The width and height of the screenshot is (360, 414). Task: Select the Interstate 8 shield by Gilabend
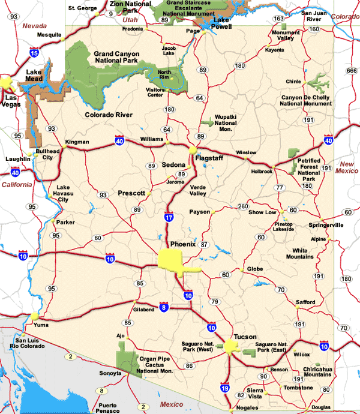pyautogui.click(x=164, y=308)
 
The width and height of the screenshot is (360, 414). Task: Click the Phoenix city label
pyautogui.click(x=183, y=244)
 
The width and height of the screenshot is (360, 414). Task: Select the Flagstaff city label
pyautogui.click(x=211, y=158)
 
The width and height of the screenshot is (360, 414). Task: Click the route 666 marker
pyautogui.click(x=351, y=71)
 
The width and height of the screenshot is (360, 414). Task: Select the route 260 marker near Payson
pyautogui.click(x=242, y=207)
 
